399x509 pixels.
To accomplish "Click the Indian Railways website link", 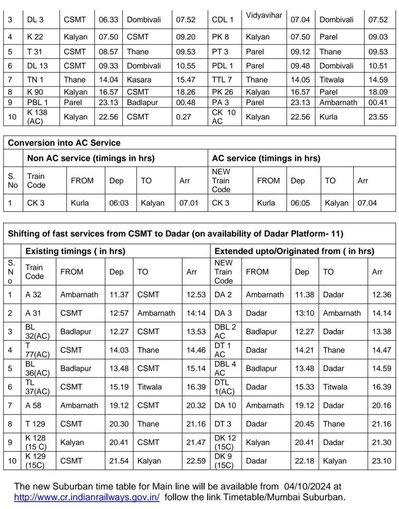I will click(x=87, y=497).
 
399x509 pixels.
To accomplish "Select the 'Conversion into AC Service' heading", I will click(x=64, y=143).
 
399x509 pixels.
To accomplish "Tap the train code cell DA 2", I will click(x=223, y=295).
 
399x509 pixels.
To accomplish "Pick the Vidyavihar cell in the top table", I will click(x=264, y=15).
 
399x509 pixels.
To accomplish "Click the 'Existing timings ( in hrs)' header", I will click(x=75, y=251).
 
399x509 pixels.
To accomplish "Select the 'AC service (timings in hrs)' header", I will click(x=266, y=158).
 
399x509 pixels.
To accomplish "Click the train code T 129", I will click(x=36, y=424).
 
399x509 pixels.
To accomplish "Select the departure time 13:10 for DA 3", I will click(x=304, y=313).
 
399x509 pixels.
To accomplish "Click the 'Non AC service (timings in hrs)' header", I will click(x=91, y=158).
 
